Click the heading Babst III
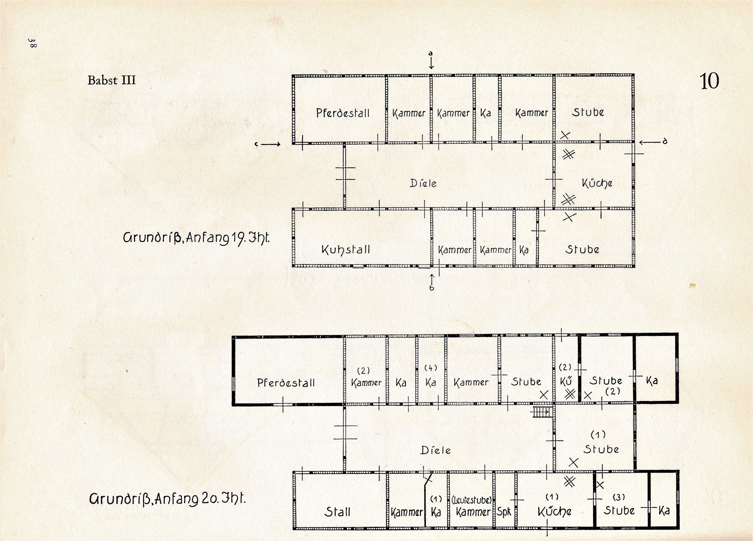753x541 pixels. (x=111, y=80)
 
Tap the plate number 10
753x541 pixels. (x=709, y=81)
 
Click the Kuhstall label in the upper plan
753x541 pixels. (x=345, y=249)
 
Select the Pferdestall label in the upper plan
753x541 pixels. (x=343, y=113)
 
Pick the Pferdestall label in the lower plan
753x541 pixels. (x=286, y=383)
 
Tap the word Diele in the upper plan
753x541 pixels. (x=423, y=183)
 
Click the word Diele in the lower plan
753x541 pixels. (x=436, y=450)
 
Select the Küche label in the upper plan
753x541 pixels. (x=597, y=183)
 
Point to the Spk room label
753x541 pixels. (x=504, y=512)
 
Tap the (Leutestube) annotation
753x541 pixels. (x=472, y=500)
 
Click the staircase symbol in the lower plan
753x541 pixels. (x=542, y=412)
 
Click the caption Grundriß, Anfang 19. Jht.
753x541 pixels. (x=196, y=238)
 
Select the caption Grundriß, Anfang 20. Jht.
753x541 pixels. (x=168, y=498)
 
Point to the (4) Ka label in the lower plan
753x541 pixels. (x=431, y=376)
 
